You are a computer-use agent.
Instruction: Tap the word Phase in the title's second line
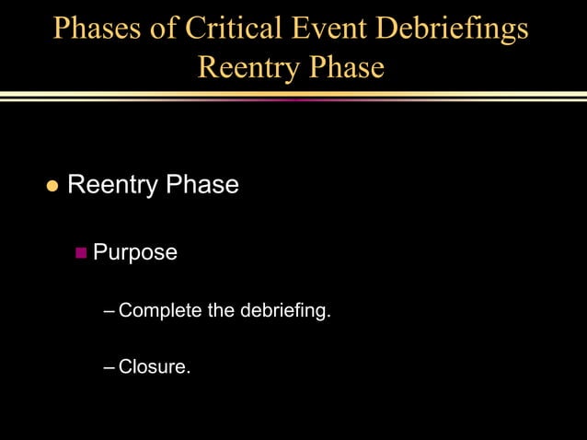pyautogui.click(x=345, y=67)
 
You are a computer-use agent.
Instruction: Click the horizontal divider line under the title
pyautogui.click(x=293, y=96)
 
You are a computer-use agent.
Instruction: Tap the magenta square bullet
pyautogui.click(x=81, y=251)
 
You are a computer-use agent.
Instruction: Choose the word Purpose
pyautogui.click(x=135, y=252)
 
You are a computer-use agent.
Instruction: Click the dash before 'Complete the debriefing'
pyautogui.click(x=110, y=311)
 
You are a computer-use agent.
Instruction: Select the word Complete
pyautogui.click(x=160, y=311)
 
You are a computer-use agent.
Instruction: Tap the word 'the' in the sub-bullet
pyautogui.click(x=221, y=310)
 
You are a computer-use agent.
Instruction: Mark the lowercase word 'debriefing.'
pyautogui.click(x=285, y=311)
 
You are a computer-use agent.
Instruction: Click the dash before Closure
pyautogui.click(x=110, y=367)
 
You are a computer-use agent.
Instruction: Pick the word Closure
pyautogui.click(x=155, y=367)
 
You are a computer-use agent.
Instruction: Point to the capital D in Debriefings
pyautogui.click(x=398, y=28)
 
